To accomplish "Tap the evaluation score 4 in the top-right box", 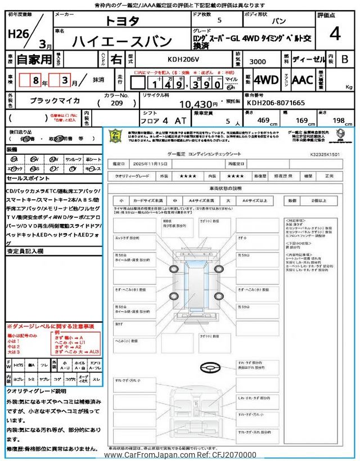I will pos(335,33).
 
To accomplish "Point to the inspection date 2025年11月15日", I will pos(151,164).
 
